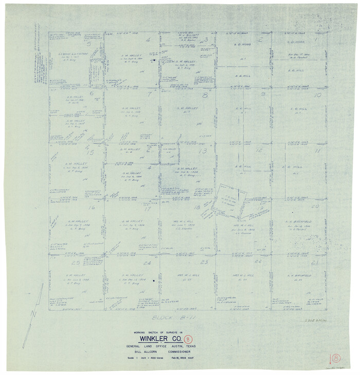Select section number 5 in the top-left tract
point(88,44)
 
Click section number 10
point(318,95)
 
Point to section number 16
point(92,208)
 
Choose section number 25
point(76,262)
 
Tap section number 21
point(315,262)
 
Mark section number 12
point(259,151)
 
